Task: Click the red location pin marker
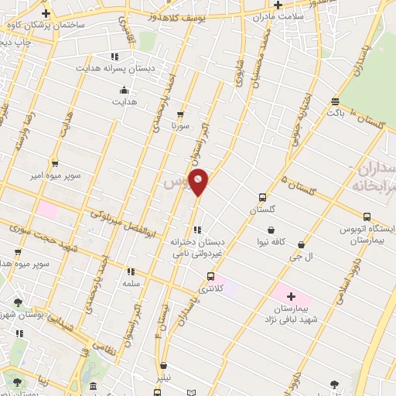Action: point(199,183)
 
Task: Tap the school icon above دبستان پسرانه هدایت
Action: point(114,56)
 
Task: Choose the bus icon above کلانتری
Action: point(210,276)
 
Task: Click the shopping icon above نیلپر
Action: point(163,367)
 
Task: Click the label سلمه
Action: point(130,284)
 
